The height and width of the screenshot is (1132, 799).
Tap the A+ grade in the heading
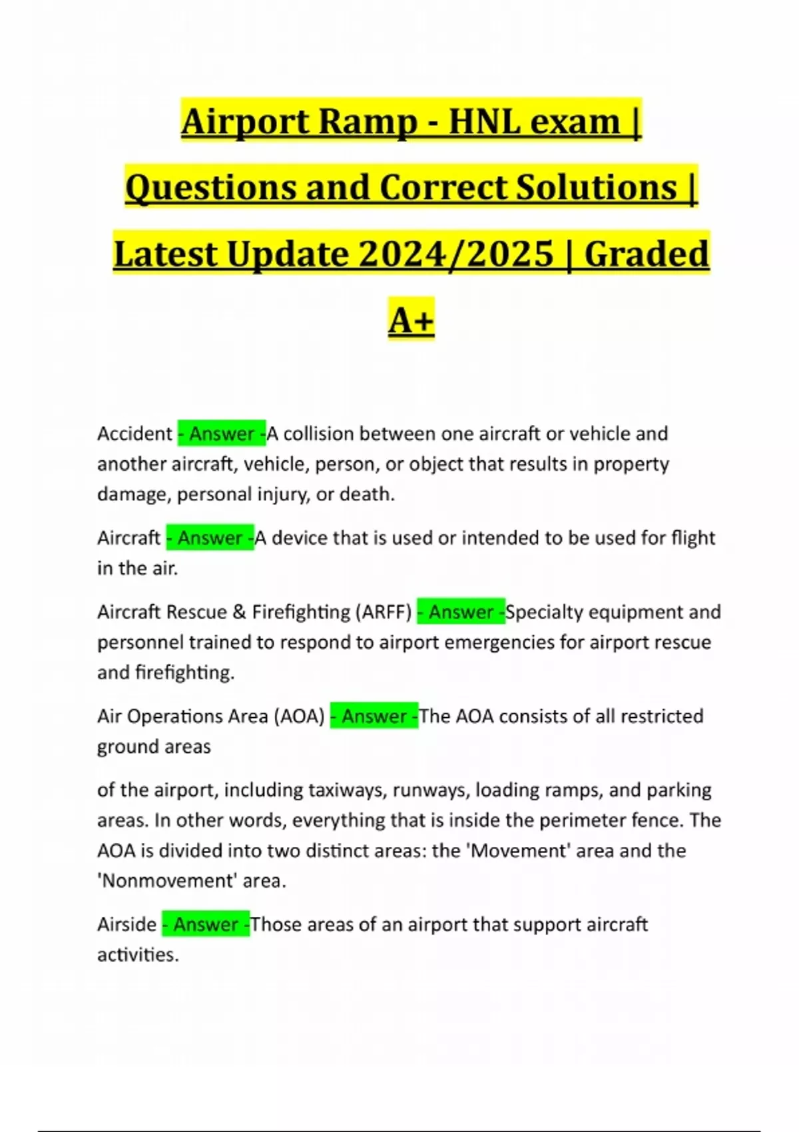tap(411, 320)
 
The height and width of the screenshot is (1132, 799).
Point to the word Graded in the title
tap(646, 254)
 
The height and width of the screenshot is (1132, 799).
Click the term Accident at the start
tap(134, 433)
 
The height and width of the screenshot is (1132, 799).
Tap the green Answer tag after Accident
tap(222, 433)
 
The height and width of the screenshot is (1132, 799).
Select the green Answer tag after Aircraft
tap(210, 537)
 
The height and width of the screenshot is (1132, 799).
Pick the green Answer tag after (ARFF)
tap(461, 612)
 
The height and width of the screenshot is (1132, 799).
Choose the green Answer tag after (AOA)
tap(374, 716)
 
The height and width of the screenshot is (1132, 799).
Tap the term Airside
tap(127, 924)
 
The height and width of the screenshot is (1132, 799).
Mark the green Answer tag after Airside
tap(206, 924)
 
